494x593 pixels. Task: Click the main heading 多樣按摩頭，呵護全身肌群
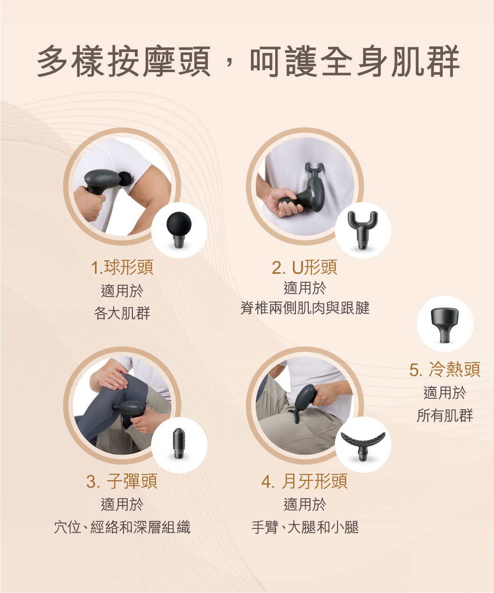248,61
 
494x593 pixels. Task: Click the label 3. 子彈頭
122,481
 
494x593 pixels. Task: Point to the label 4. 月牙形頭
304,481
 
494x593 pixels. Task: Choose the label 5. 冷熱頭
445,369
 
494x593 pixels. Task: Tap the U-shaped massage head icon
363,230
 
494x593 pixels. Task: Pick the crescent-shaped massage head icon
363,444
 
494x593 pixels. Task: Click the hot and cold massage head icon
445,323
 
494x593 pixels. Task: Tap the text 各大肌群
122,313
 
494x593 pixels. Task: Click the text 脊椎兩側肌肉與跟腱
304,309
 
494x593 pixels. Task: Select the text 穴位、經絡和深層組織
122,527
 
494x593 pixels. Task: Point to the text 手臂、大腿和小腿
304,527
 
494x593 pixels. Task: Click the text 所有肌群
445,416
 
